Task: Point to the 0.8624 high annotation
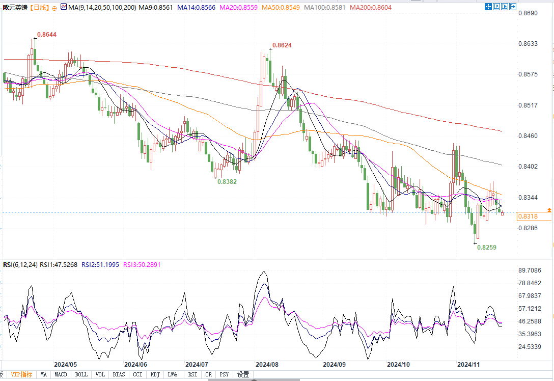(282, 45)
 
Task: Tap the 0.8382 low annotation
(227, 181)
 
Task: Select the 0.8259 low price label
(487, 247)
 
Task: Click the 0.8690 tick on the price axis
(528, 13)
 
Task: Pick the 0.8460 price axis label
(528, 136)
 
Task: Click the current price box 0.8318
(528, 216)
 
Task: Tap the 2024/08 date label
(266, 365)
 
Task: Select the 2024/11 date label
(468, 365)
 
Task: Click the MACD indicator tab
(61, 375)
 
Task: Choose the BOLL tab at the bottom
(81, 375)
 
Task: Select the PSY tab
(224, 375)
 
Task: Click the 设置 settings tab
(243, 375)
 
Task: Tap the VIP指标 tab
(21, 375)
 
